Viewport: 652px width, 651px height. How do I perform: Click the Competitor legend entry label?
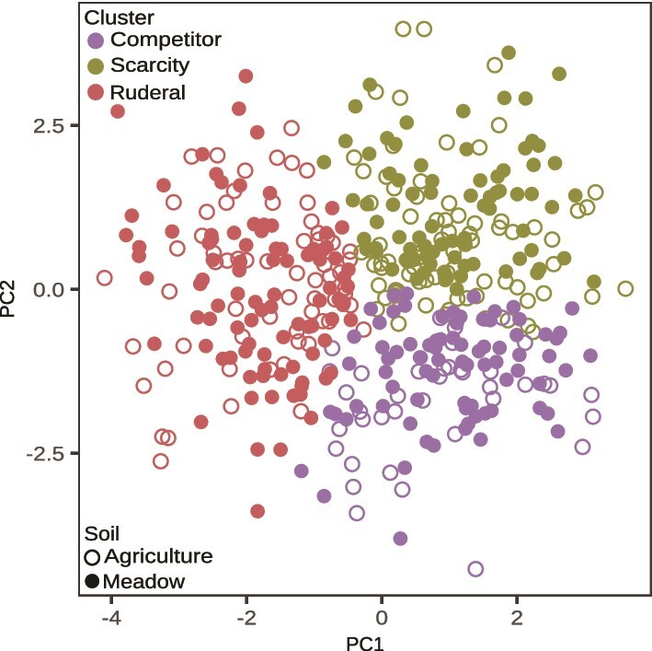[166, 40]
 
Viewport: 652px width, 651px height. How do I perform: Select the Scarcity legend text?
[150, 65]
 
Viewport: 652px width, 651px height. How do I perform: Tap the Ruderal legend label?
[148, 92]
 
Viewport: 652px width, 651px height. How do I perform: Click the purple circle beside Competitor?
[96, 41]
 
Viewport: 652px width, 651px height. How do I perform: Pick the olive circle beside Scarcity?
[96, 66]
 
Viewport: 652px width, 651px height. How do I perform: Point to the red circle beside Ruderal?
[96, 92]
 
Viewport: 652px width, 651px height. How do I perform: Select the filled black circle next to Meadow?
[92, 581]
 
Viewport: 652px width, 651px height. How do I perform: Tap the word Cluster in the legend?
[119, 17]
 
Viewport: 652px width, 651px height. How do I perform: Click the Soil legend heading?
[102, 534]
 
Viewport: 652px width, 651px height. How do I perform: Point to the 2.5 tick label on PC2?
[49, 126]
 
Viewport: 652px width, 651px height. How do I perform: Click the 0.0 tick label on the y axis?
[49, 290]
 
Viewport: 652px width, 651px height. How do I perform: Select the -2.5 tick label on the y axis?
[45, 454]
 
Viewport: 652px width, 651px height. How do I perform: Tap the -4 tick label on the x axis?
[111, 618]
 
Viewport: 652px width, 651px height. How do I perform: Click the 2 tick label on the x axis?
[517, 618]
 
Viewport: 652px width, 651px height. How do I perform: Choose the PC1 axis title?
[365, 643]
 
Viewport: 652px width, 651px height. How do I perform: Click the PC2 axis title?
[8, 299]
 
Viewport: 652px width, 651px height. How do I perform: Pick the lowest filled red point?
[257, 511]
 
